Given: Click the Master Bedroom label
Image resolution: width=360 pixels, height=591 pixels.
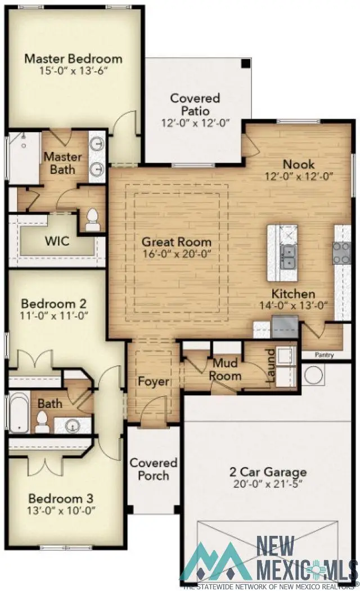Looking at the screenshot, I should [x=73, y=58].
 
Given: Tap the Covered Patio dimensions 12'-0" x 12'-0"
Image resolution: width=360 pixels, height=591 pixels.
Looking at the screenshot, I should [x=195, y=123].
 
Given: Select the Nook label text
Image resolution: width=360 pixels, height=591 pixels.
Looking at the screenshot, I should [x=299, y=164].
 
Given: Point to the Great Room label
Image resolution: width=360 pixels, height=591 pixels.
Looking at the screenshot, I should [x=177, y=242].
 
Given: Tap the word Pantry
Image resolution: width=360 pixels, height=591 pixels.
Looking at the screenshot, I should [x=324, y=355].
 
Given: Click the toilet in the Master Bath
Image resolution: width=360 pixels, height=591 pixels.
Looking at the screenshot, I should [x=92, y=220].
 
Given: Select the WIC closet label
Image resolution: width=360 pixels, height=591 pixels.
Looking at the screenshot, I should [x=57, y=241].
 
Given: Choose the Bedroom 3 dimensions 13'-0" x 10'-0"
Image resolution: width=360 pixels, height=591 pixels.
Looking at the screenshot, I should [x=62, y=511].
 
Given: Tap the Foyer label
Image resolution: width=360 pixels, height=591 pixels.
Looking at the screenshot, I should [x=154, y=382].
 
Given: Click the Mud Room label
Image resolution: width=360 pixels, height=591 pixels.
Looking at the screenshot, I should [x=226, y=370].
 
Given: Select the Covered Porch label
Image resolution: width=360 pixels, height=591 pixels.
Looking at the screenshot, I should [x=154, y=469].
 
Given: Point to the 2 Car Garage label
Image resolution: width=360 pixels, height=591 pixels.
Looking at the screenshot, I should [x=268, y=472].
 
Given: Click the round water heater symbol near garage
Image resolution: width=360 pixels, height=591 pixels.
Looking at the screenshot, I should [x=313, y=374].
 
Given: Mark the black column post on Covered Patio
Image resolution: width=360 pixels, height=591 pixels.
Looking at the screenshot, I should [x=245, y=64].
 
